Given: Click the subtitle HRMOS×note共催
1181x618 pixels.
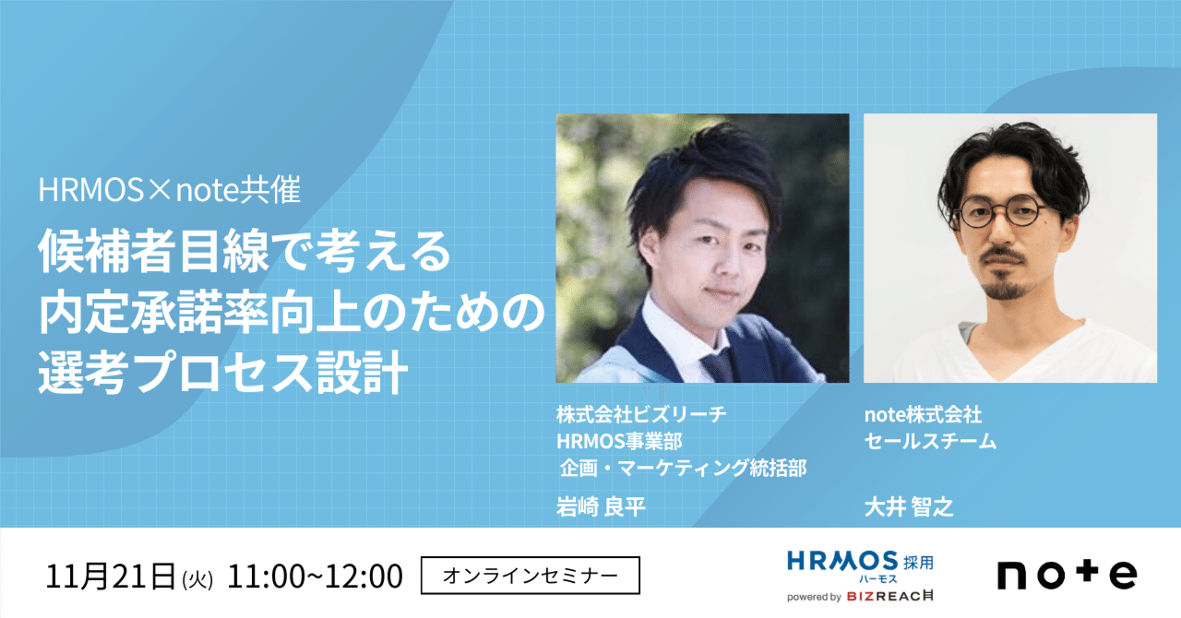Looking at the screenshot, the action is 169,190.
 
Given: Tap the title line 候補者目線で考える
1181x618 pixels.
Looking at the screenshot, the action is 245,252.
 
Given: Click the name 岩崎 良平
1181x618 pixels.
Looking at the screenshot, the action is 601,506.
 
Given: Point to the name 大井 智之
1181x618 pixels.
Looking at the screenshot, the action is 909,506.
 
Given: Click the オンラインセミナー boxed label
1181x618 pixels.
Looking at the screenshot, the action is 531,576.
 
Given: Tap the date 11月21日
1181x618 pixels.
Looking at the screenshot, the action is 111,576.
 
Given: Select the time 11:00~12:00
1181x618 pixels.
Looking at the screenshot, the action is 315,576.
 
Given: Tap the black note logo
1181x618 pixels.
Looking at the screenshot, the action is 1068,576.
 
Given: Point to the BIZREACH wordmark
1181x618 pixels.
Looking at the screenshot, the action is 890,597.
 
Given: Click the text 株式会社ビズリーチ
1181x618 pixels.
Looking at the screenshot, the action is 641,414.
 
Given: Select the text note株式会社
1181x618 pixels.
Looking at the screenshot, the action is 924,414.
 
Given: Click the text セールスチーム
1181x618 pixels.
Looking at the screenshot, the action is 931,441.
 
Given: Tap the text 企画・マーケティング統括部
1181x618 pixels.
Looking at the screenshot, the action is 684,468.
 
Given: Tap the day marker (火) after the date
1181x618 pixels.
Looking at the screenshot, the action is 197,580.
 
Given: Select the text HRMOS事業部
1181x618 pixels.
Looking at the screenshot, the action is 619,441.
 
